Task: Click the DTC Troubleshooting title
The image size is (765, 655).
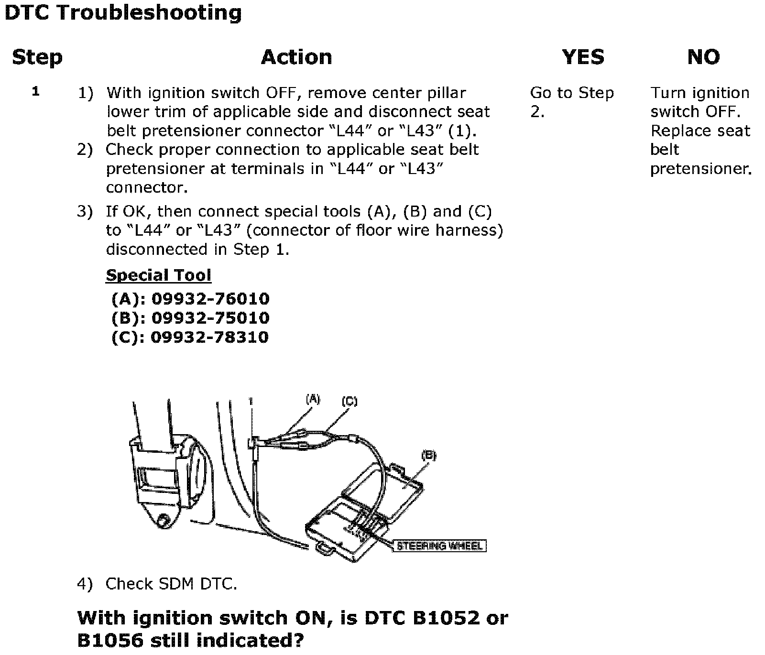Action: coord(123,13)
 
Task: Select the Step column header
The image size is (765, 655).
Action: coord(37,57)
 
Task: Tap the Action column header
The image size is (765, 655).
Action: coord(296,57)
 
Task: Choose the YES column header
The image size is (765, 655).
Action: coord(583,57)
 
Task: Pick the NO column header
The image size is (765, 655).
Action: coord(703,57)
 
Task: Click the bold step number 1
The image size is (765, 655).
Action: coord(35,91)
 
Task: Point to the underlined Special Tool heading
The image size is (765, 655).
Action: coord(158,275)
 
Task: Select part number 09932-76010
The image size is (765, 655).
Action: coord(210,299)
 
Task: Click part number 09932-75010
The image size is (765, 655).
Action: coord(210,318)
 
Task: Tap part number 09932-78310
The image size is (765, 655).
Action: coord(209,338)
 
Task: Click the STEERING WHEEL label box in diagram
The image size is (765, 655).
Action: coord(439,546)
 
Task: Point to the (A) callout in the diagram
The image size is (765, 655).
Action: coord(313,399)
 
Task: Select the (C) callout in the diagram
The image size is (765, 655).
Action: coord(350,402)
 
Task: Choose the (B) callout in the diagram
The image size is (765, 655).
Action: coord(428,456)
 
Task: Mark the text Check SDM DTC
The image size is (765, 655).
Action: coord(171,584)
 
